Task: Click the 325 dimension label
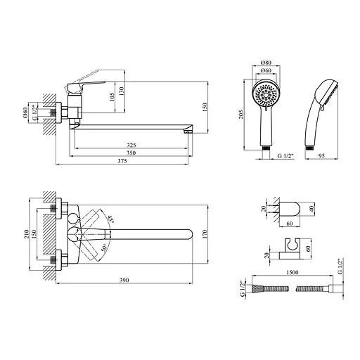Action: pos(131,145)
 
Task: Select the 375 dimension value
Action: pos(122,161)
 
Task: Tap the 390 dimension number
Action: pos(124,280)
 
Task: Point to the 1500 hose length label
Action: pos(292,272)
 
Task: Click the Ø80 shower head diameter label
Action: pos(266,63)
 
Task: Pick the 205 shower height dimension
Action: pos(242,115)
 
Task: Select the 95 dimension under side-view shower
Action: pos(322,156)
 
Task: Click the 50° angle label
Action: pos(104,248)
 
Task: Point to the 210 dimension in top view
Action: pos(27,234)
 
